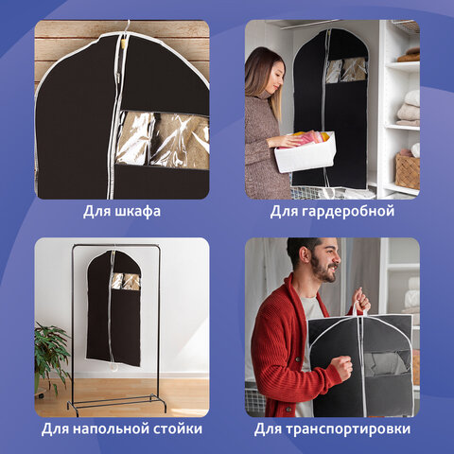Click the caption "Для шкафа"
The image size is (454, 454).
click(122, 211)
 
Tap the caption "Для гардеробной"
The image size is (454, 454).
click(331, 211)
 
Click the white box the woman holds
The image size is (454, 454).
click(306, 152)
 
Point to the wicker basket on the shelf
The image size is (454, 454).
click(407, 170)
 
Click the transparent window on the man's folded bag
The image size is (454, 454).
click(386, 363)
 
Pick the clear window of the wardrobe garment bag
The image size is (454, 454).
click(346, 69)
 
